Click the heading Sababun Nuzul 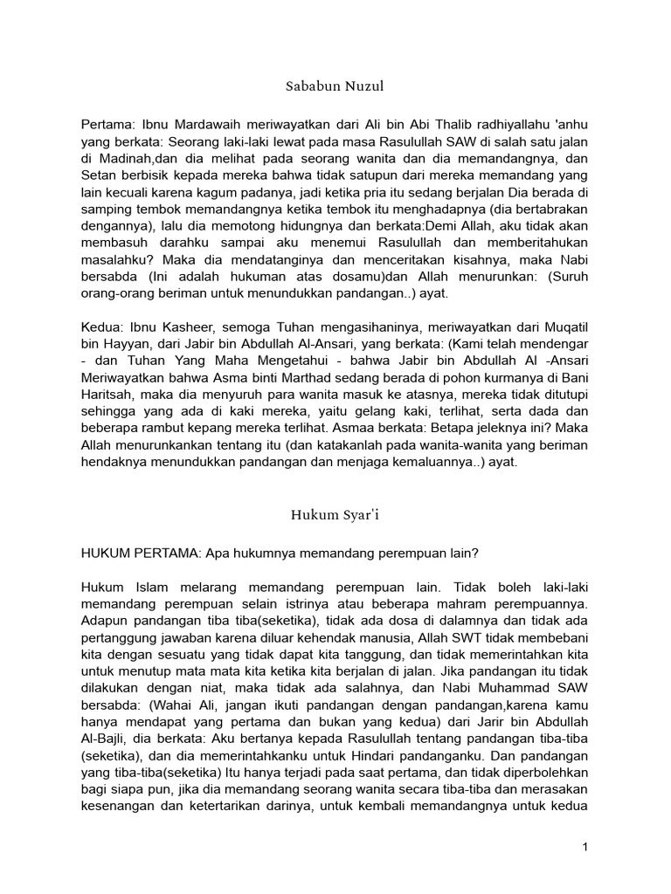(x=335, y=87)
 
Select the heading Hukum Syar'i (x=335, y=515)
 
